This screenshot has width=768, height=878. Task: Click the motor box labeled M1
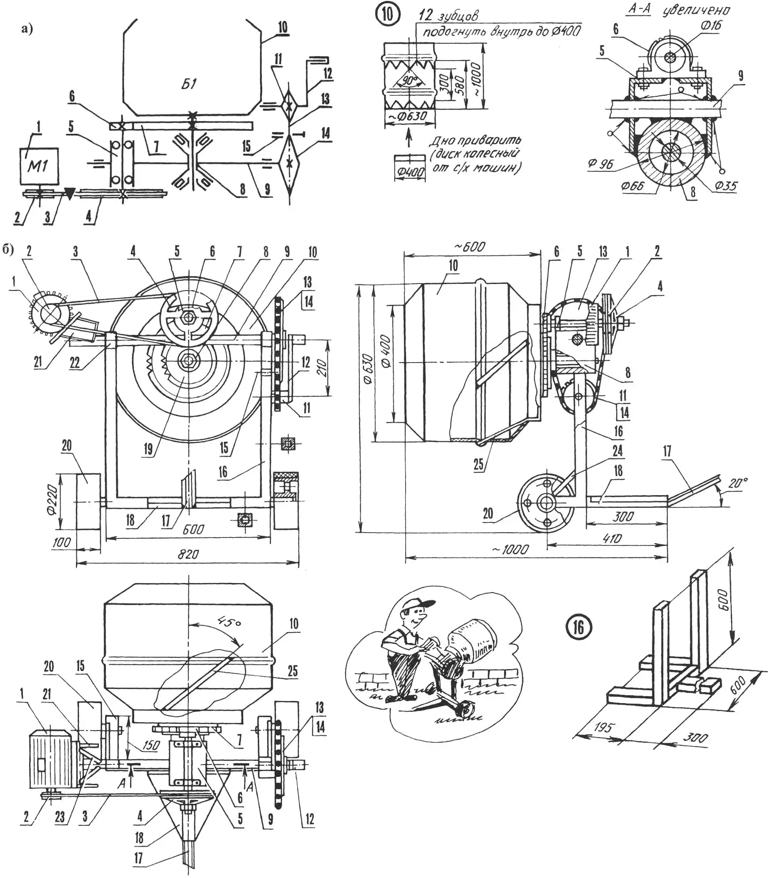[x=39, y=166]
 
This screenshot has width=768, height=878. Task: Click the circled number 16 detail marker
[x=578, y=628]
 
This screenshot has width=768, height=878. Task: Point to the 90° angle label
[x=410, y=81]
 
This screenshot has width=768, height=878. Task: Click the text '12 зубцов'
[x=448, y=15]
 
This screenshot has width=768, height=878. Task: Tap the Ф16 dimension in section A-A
[x=711, y=26]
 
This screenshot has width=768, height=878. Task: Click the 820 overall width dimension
[x=188, y=554]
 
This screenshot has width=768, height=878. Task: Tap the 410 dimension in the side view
[x=612, y=538]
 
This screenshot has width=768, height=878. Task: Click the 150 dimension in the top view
[x=151, y=745]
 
